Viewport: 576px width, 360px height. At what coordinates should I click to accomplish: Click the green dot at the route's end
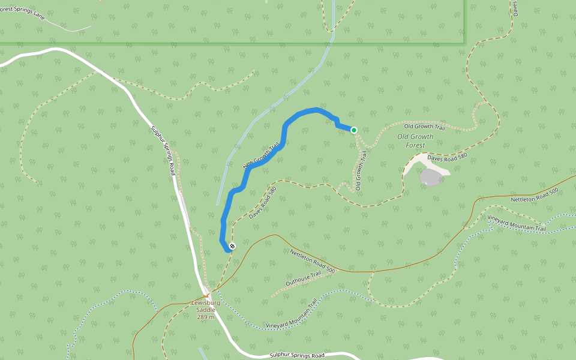354,130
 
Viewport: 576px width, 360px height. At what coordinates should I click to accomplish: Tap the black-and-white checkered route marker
232,246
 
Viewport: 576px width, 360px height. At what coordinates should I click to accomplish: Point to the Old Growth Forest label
415,140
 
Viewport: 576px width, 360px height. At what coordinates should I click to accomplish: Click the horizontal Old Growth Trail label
424,127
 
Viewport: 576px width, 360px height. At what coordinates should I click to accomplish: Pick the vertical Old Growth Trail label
361,171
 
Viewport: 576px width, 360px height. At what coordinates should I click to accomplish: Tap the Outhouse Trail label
304,278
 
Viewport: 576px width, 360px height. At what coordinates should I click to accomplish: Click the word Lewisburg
206,303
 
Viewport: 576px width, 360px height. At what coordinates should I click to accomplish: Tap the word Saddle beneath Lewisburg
206,310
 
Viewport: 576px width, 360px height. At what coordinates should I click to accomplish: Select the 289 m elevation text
206,317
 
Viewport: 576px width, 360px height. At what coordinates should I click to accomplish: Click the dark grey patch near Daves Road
431,177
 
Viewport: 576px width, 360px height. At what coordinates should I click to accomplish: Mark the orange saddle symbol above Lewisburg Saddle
206,295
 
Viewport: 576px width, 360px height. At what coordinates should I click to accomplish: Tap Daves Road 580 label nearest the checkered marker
262,202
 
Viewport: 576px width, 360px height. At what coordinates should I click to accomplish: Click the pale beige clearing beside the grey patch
414,164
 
